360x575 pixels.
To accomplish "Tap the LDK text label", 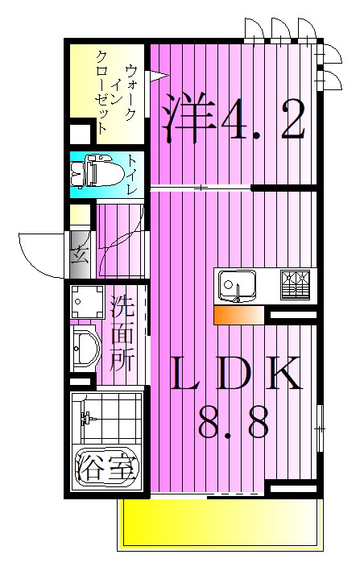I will point(234,376).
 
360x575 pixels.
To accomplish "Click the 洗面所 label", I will point(122,332).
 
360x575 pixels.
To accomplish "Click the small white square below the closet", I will point(81,133).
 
